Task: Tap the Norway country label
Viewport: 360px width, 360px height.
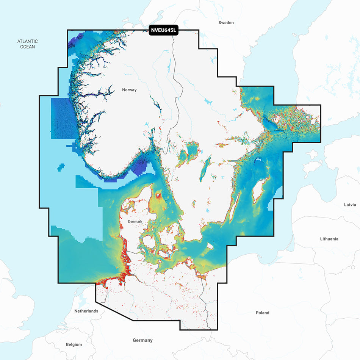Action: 129,90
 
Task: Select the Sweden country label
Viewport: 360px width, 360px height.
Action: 226,23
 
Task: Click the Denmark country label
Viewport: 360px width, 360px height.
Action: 135,221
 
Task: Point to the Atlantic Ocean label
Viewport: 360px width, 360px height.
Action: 27,44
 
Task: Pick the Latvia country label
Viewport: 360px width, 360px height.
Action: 350,205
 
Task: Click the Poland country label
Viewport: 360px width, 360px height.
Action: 262,313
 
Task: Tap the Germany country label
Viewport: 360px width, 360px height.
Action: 142,340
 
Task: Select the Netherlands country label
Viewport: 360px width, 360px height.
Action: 86,311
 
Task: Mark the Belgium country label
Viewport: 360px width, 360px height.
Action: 74,344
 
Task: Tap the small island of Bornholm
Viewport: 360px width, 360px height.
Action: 209,246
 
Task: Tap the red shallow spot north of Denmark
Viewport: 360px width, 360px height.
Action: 158,196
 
